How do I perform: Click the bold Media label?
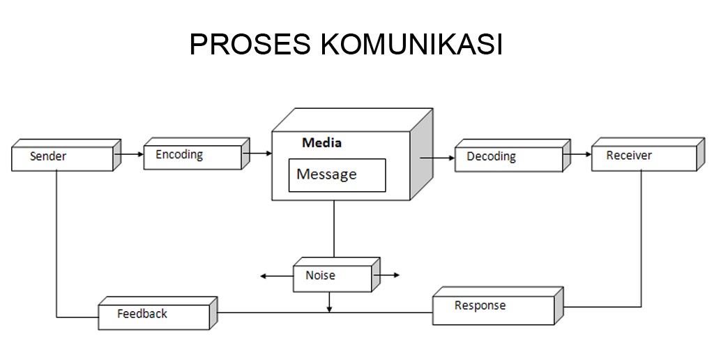pos(321,143)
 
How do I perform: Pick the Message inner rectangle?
pos(337,175)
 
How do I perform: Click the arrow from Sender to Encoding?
pos(128,153)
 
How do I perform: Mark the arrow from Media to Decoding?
pos(436,158)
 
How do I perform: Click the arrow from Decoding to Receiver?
pos(577,154)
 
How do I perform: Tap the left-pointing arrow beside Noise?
pos(276,276)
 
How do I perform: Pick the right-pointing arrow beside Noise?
pos(388,276)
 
